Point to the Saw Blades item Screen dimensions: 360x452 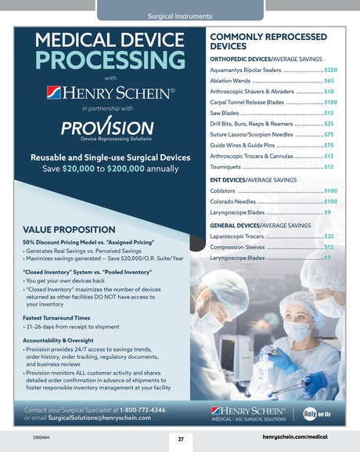(225, 113)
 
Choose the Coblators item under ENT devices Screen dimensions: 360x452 (224, 190)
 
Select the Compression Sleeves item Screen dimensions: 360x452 (238, 247)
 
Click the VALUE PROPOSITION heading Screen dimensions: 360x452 (71, 230)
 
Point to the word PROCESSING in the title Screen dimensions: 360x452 (103, 61)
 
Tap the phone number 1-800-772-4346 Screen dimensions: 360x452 (142, 410)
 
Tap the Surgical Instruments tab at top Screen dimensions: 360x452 (180, 16)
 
